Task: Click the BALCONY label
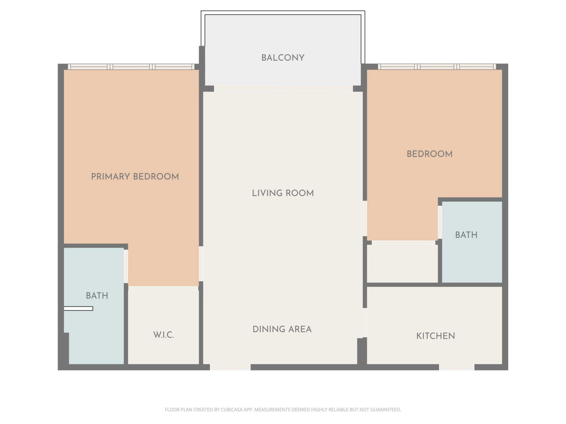coord(283,58)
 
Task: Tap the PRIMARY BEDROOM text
coord(135,177)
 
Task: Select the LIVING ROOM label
coord(283,193)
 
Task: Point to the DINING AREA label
coord(282,329)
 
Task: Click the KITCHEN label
coord(435,336)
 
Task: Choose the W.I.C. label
coord(164,335)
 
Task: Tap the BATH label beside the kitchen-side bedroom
coord(466,235)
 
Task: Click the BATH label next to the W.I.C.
coord(97,296)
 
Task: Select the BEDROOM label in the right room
coord(430,154)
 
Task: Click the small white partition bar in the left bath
coord(78,309)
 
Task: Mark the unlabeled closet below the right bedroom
coord(402,264)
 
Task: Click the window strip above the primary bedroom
coord(131,67)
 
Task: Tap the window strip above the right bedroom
coord(437,67)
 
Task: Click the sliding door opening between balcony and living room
coord(283,89)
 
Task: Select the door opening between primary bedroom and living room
coord(201,264)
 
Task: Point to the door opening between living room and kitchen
coord(365,322)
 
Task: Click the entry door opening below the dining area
coord(230,367)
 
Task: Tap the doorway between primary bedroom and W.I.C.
coord(163,288)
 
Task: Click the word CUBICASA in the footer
coord(231,410)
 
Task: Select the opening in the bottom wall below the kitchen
coord(457,367)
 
